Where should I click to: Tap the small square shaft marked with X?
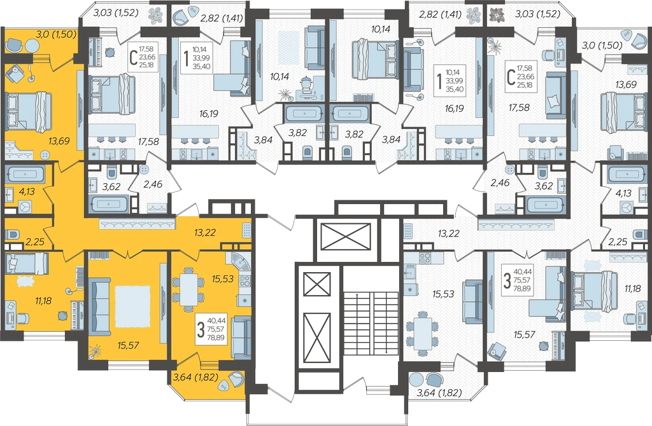pos(317,284)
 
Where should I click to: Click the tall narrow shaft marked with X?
pos(317,339)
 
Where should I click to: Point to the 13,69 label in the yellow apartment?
pos(59,141)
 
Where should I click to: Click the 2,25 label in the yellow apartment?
pos(35,242)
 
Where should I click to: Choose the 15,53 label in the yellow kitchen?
pos(223,279)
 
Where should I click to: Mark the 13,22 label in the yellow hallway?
pos(205,233)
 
